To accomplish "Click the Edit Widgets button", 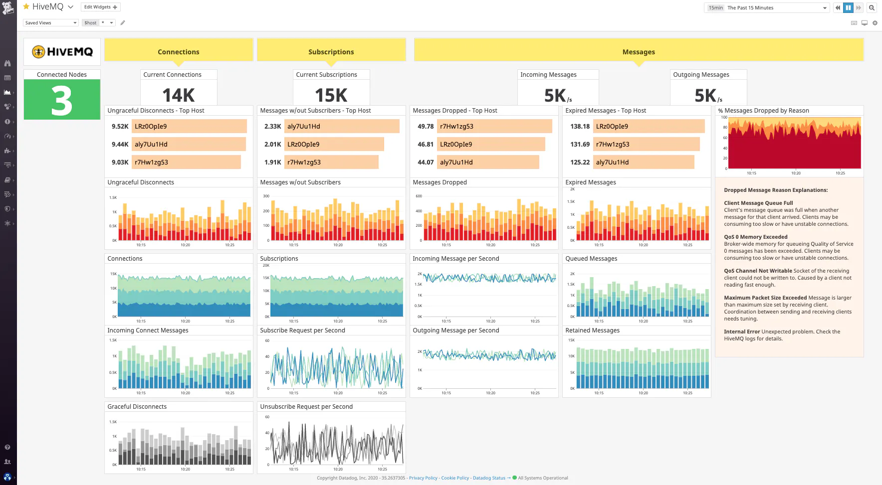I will [x=100, y=7].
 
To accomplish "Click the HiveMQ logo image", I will [x=62, y=52].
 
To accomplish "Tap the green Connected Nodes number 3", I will [x=62, y=100].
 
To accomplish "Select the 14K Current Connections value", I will [x=179, y=95].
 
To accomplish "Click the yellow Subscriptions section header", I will [x=331, y=52].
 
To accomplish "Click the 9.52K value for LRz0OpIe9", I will [x=120, y=127].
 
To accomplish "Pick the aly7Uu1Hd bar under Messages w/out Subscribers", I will [x=342, y=127].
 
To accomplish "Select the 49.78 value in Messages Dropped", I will [x=426, y=127].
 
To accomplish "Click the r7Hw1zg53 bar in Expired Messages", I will [x=646, y=145].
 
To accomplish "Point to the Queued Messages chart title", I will [x=591, y=259].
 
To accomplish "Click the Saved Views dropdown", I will [x=51, y=23].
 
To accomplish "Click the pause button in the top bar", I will [x=848, y=7].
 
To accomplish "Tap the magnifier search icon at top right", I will [x=872, y=7].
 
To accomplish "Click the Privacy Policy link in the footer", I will [x=423, y=478].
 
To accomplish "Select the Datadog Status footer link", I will [x=489, y=478].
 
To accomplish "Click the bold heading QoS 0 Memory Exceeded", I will [x=755, y=237].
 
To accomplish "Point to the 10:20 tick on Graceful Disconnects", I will [x=185, y=469].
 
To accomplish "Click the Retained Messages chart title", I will [x=592, y=330].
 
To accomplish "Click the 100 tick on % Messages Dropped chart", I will [x=724, y=118].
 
